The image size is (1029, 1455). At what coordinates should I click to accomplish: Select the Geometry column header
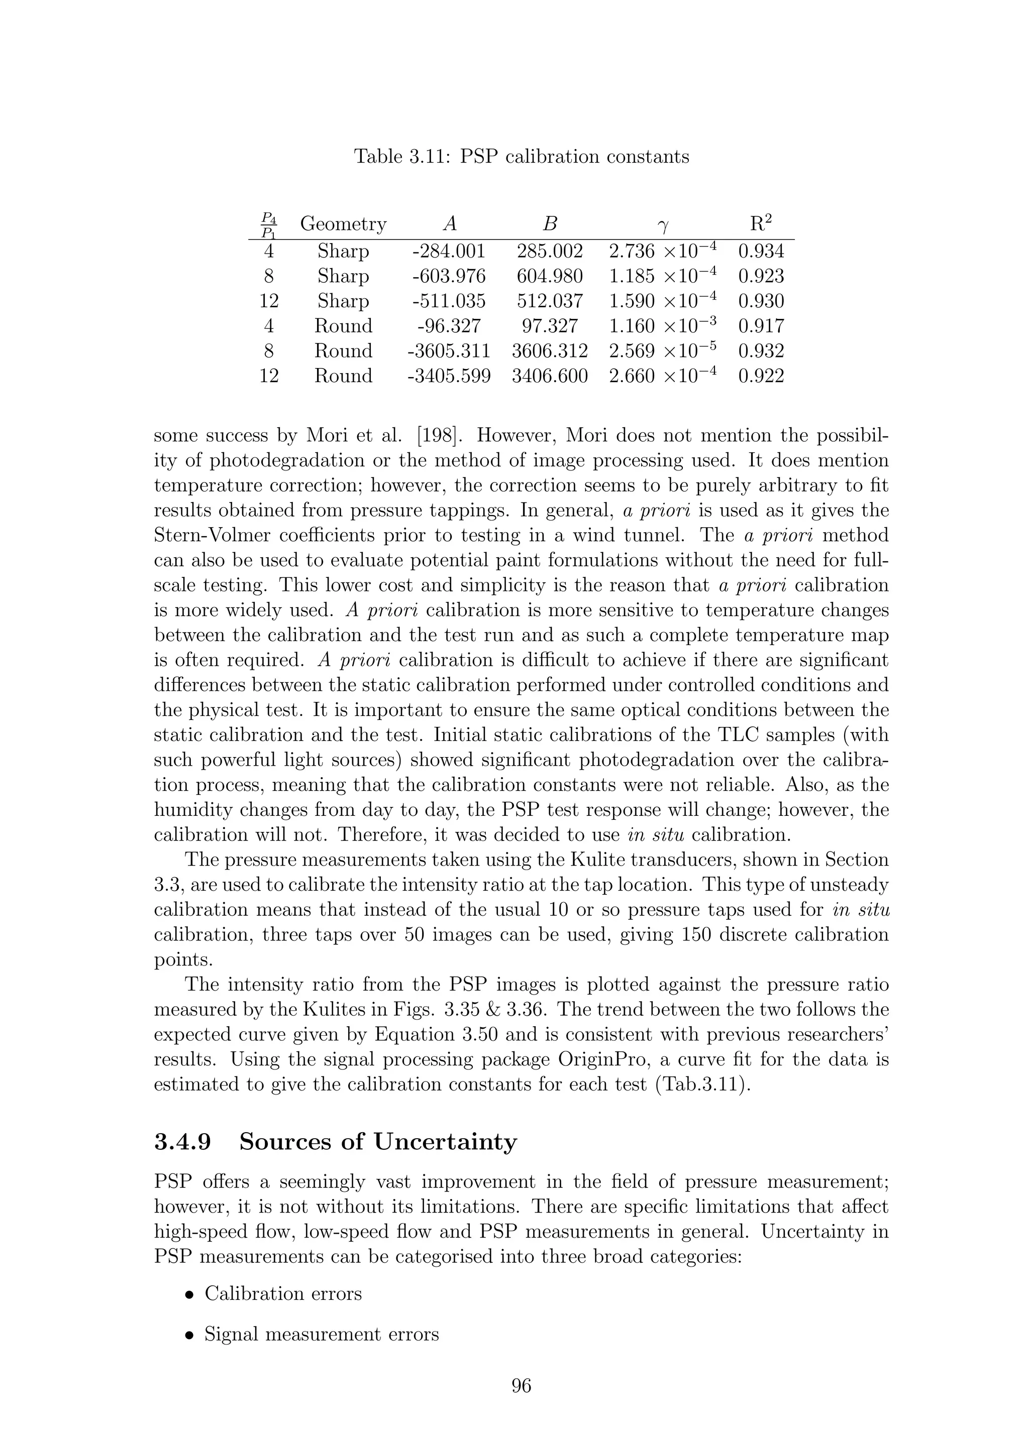[x=343, y=224]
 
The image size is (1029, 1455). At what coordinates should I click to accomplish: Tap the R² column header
[x=760, y=223]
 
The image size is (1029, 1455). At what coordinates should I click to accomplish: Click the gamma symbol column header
[x=663, y=225]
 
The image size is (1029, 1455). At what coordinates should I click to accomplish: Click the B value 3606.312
[x=549, y=350]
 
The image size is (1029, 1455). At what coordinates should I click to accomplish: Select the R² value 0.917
[x=761, y=326]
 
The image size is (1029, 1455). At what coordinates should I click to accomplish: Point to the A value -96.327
[x=448, y=326]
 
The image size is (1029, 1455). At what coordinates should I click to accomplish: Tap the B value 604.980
[x=549, y=276]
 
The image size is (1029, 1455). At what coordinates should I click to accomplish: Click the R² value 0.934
[x=761, y=251]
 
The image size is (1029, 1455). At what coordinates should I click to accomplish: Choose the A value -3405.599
[x=448, y=376]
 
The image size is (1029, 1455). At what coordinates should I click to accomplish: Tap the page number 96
[x=521, y=1386]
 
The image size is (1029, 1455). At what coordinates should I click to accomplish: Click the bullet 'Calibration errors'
[x=283, y=1293]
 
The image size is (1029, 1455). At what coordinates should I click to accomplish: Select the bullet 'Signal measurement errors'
[x=321, y=1334]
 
